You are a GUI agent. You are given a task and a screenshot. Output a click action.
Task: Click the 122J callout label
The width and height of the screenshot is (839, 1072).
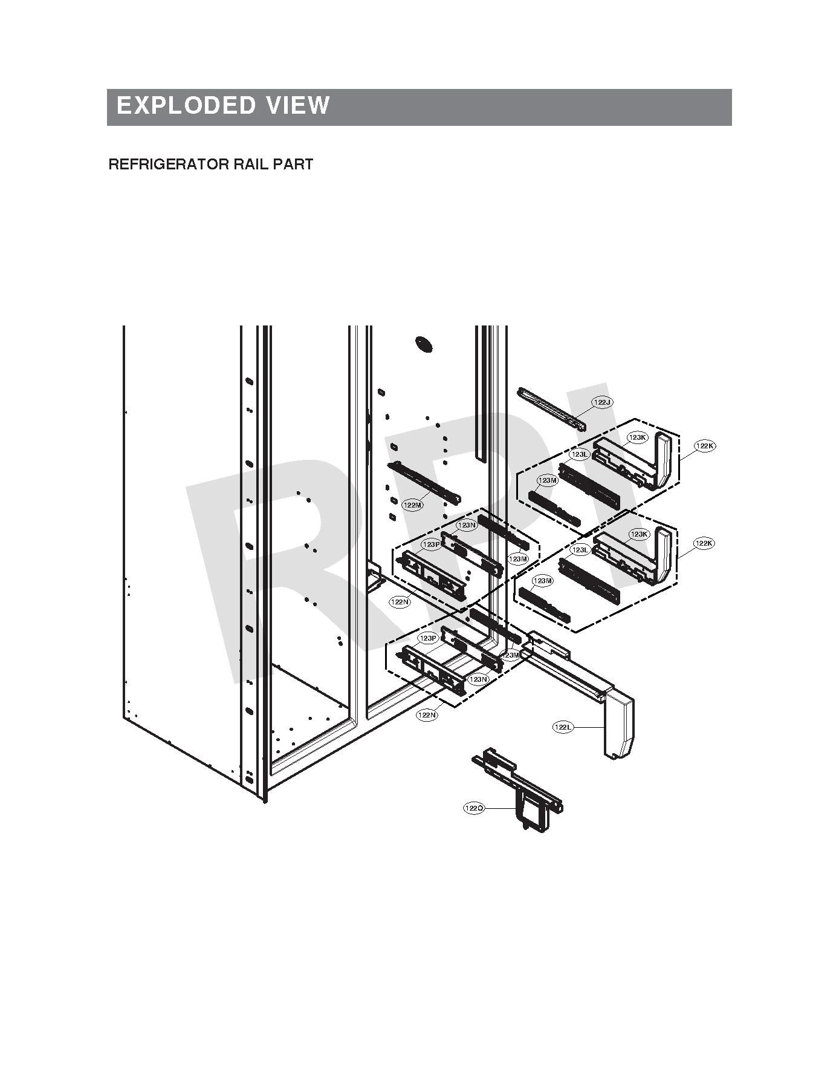[602, 402]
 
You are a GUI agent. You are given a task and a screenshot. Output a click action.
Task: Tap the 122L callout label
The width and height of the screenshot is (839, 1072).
[563, 727]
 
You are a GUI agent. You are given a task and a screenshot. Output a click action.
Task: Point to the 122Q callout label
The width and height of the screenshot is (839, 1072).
[474, 808]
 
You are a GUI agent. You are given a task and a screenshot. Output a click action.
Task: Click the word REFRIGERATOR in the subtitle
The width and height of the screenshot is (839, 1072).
[160, 165]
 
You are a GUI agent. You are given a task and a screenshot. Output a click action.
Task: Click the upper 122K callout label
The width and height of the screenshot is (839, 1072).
[705, 446]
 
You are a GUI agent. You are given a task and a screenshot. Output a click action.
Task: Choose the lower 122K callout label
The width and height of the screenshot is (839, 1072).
[704, 543]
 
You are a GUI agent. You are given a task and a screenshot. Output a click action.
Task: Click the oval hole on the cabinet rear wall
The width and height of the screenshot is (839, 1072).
[424, 344]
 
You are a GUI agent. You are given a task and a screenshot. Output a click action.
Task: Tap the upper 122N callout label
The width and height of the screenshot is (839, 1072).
[400, 602]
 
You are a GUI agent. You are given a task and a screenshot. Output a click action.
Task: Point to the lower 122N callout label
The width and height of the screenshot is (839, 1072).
[427, 715]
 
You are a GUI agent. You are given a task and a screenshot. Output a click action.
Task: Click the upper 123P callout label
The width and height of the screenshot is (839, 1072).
[432, 545]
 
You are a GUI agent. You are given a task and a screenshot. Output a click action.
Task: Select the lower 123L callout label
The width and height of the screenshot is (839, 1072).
[580, 550]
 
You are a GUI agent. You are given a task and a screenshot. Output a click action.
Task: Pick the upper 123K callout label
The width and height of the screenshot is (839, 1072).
[638, 437]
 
